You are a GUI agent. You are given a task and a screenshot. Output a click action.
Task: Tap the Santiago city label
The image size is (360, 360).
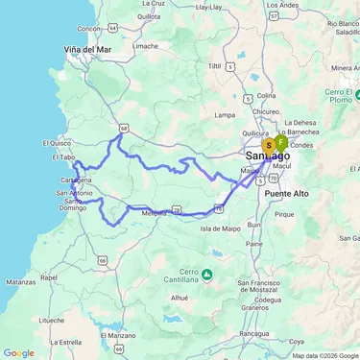(268, 156)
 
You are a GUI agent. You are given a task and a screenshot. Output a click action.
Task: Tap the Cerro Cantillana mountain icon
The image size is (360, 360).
(208, 276)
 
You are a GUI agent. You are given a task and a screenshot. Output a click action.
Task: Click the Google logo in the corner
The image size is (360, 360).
(18, 352)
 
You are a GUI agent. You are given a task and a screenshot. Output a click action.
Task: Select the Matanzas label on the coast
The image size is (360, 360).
(20, 282)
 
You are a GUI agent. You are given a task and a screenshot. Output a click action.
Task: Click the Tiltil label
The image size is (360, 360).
(228, 66)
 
